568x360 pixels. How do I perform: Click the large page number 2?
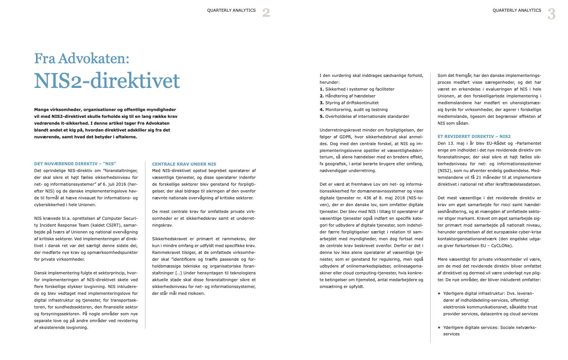pos(266,13)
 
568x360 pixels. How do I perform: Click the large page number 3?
pos(552,14)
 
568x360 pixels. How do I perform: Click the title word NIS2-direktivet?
pos(107,81)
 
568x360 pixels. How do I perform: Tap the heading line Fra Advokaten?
pos(82,58)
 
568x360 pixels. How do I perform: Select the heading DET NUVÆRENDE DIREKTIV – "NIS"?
pos(75,164)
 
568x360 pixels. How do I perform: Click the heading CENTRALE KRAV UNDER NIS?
pos(184,164)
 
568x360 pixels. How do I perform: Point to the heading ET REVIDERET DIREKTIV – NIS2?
pos(474,136)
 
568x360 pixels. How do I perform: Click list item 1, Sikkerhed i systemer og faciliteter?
pos(357,89)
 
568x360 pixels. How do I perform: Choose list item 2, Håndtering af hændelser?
pos(348,96)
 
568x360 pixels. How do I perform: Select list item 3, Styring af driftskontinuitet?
pos(349,103)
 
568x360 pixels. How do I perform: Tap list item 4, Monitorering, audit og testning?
pos(354,110)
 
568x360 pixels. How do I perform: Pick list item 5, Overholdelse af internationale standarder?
pos(364,116)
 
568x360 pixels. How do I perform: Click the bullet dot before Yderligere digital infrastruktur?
pos(439,293)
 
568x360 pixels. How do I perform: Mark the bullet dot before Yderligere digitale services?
pos(439,327)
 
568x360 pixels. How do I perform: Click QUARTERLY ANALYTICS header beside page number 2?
pos(231,10)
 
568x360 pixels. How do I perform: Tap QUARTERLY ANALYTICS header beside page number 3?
pos(517,10)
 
